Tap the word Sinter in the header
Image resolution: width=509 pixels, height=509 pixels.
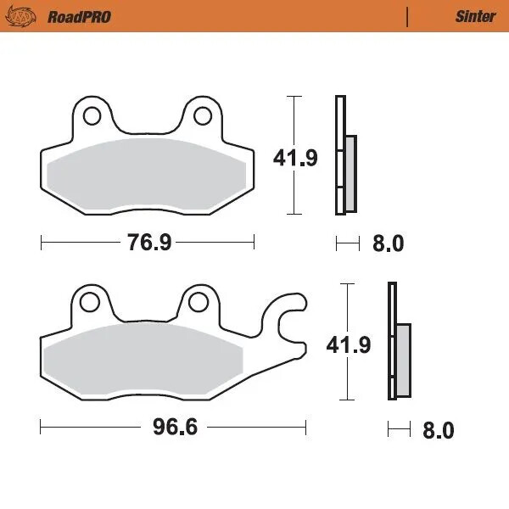click(x=475, y=16)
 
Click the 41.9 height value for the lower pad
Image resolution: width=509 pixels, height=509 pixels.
click(x=350, y=344)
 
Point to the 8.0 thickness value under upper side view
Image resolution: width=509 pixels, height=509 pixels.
click(x=388, y=244)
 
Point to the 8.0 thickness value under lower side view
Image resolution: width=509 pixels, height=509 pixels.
click(x=438, y=430)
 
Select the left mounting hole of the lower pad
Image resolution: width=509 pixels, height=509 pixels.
click(x=87, y=300)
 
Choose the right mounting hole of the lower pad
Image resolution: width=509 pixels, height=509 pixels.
click(x=199, y=300)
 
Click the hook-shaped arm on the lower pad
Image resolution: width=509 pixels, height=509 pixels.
click(x=287, y=322)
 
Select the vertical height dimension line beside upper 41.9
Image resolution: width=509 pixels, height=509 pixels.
click(x=294, y=119)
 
